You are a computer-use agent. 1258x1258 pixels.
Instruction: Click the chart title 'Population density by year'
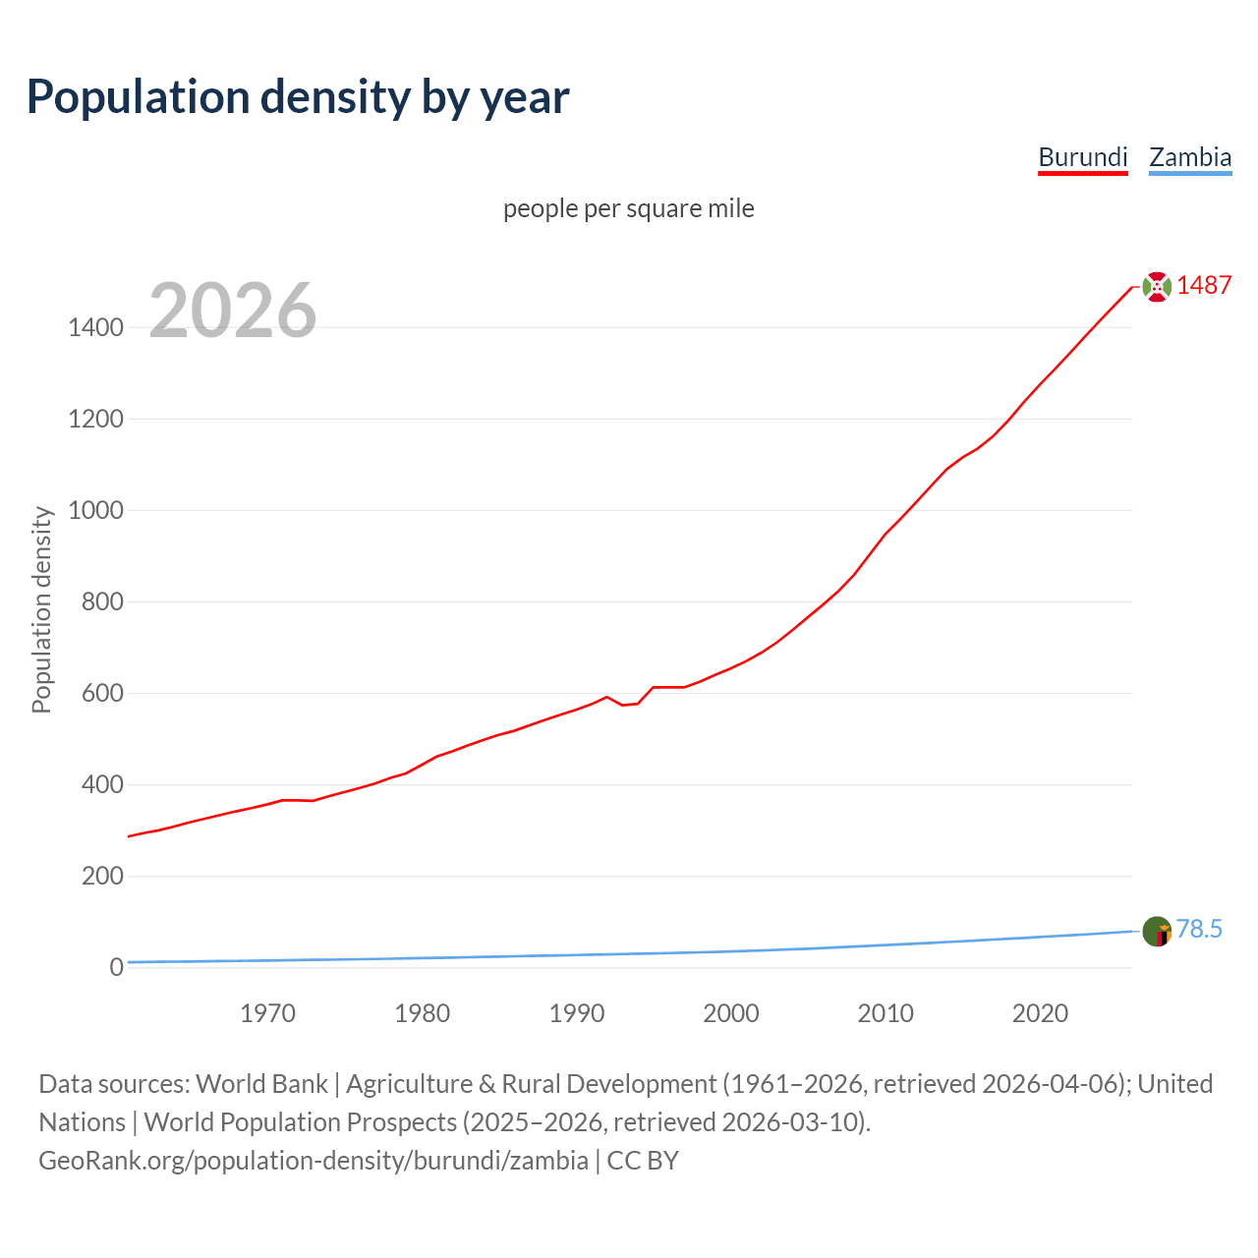click(x=298, y=97)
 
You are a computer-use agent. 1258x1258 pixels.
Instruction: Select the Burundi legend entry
click(x=1083, y=157)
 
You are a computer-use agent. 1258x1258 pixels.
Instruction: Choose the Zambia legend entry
click(x=1190, y=157)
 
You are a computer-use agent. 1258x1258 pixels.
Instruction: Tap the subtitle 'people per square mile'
click(x=628, y=209)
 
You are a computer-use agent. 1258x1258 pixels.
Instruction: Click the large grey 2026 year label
click(x=233, y=311)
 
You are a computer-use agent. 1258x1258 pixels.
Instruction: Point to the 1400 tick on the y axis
click(x=96, y=328)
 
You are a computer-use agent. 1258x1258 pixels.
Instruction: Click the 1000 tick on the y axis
click(x=96, y=511)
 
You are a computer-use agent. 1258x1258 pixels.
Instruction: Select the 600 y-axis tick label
click(x=102, y=694)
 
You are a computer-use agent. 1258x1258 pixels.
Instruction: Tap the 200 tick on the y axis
click(x=102, y=877)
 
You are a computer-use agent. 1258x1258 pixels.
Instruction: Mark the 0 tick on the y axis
click(x=117, y=968)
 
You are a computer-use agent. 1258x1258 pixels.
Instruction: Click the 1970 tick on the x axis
click(x=267, y=1013)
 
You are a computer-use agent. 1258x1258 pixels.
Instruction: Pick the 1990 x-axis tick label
click(x=577, y=1013)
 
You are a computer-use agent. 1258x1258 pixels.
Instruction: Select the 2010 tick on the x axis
click(x=886, y=1013)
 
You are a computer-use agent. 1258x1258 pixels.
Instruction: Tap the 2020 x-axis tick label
click(x=1040, y=1013)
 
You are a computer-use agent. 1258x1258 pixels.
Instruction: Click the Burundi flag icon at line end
click(x=1157, y=287)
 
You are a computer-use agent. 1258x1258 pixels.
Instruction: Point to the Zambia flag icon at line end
click(x=1157, y=931)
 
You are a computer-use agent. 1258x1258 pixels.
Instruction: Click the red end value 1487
click(x=1204, y=286)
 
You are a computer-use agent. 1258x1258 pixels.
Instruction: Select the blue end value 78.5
click(x=1199, y=930)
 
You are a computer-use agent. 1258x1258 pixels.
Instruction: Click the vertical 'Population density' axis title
click(x=41, y=609)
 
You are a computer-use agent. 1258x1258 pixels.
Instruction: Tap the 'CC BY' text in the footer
click(x=643, y=1161)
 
